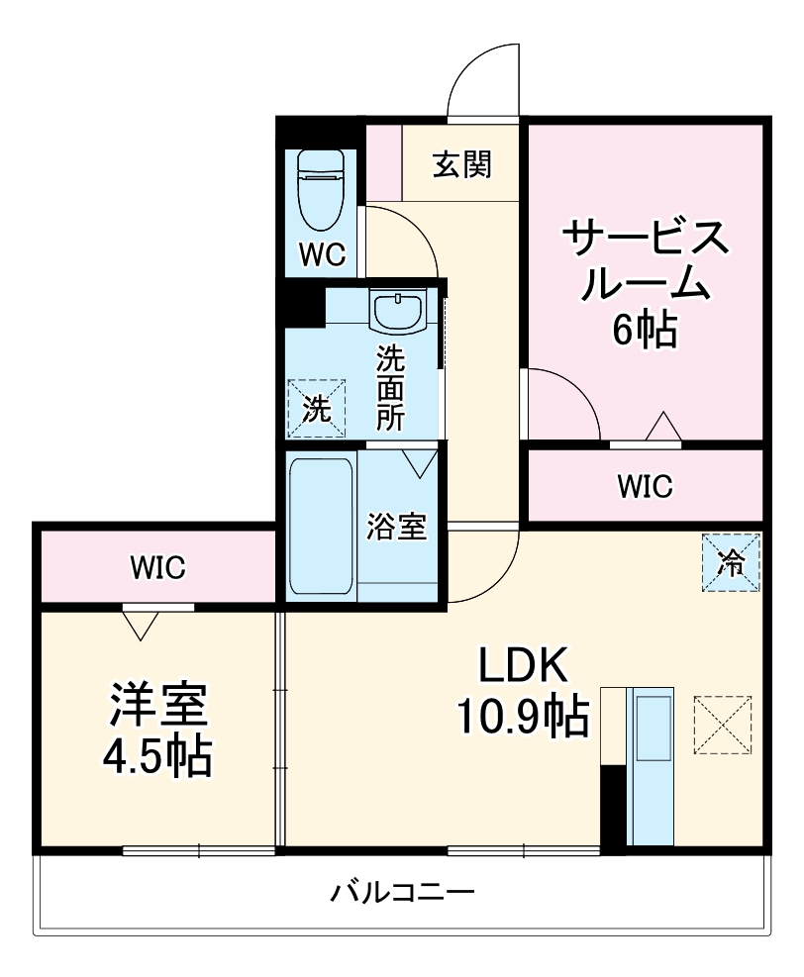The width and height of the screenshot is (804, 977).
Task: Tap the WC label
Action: (322, 255)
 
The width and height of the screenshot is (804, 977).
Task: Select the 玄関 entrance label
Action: (461, 164)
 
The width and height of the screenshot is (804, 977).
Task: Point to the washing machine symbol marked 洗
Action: (316, 408)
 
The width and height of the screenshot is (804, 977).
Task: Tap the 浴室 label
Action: (397, 527)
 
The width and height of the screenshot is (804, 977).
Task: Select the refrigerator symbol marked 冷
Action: (732, 562)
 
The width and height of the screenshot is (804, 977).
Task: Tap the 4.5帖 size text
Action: (157, 758)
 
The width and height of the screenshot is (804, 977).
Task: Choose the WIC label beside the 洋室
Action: (157, 567)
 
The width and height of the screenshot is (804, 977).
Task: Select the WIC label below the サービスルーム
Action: (645, 485)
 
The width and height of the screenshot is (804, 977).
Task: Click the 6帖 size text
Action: (644, 330)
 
